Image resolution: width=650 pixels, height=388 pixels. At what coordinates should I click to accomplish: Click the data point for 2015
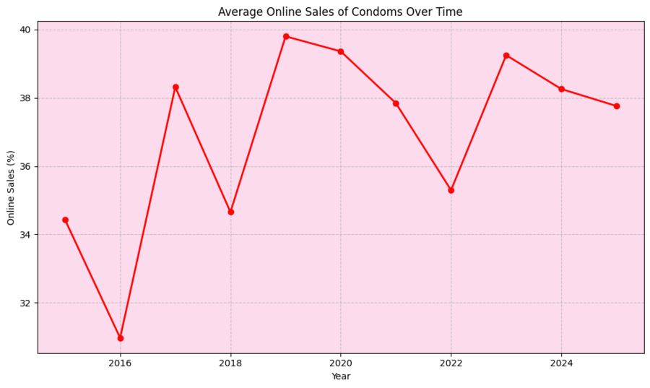tap(65, 220)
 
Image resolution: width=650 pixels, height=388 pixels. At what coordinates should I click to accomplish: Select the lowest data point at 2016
tap(121, 338)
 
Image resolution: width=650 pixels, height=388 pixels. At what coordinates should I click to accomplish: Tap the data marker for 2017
tap(175, 87)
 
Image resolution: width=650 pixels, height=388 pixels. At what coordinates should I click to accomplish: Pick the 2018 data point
tap(231, 212)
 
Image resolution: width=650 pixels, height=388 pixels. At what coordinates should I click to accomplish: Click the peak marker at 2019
tap(286, 36)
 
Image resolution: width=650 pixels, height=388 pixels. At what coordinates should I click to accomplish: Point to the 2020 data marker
tap(341, 51)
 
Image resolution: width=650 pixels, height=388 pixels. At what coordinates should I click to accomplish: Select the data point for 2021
tap(396, 103)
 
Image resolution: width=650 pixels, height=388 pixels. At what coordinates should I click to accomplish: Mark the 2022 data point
tap(451, 190)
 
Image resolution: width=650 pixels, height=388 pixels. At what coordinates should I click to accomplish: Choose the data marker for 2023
tap(506, 56)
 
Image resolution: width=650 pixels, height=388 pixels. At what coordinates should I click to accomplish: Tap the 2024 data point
tap(561, 89)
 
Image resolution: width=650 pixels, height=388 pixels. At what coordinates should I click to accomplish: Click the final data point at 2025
tap(617, 106)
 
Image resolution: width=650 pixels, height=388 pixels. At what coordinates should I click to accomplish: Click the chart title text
tap(340, 12)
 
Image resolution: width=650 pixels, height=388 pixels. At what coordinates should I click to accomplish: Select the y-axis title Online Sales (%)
tap(11, 187)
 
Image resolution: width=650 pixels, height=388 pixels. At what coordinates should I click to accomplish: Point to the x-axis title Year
tap(341, 376)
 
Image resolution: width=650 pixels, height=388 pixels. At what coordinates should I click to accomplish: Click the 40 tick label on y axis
tap(25, 30)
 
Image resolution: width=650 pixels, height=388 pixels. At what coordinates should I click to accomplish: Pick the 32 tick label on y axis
tap(25, 303)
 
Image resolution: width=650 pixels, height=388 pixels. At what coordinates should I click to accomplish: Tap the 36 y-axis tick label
tap(25, 166)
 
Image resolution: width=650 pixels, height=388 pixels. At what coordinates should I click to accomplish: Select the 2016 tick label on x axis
tap(121, 363)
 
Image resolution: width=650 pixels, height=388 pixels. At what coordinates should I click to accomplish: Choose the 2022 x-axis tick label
tap(451, 363)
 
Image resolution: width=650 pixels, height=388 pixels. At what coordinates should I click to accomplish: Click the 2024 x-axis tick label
tap(561, 363)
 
